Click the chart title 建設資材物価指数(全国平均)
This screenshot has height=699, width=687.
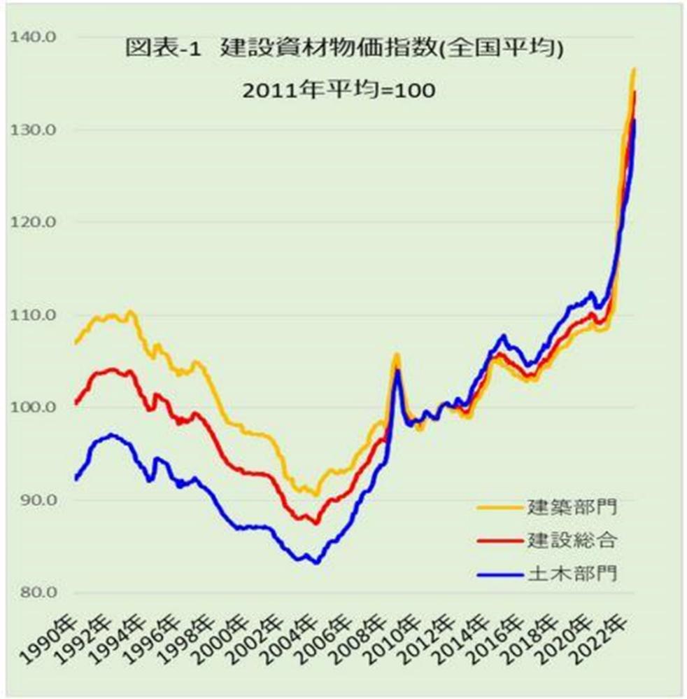pos(343,50)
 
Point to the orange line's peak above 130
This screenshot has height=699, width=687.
pos(633,69)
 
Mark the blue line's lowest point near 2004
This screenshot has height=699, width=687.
pos(317,562)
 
